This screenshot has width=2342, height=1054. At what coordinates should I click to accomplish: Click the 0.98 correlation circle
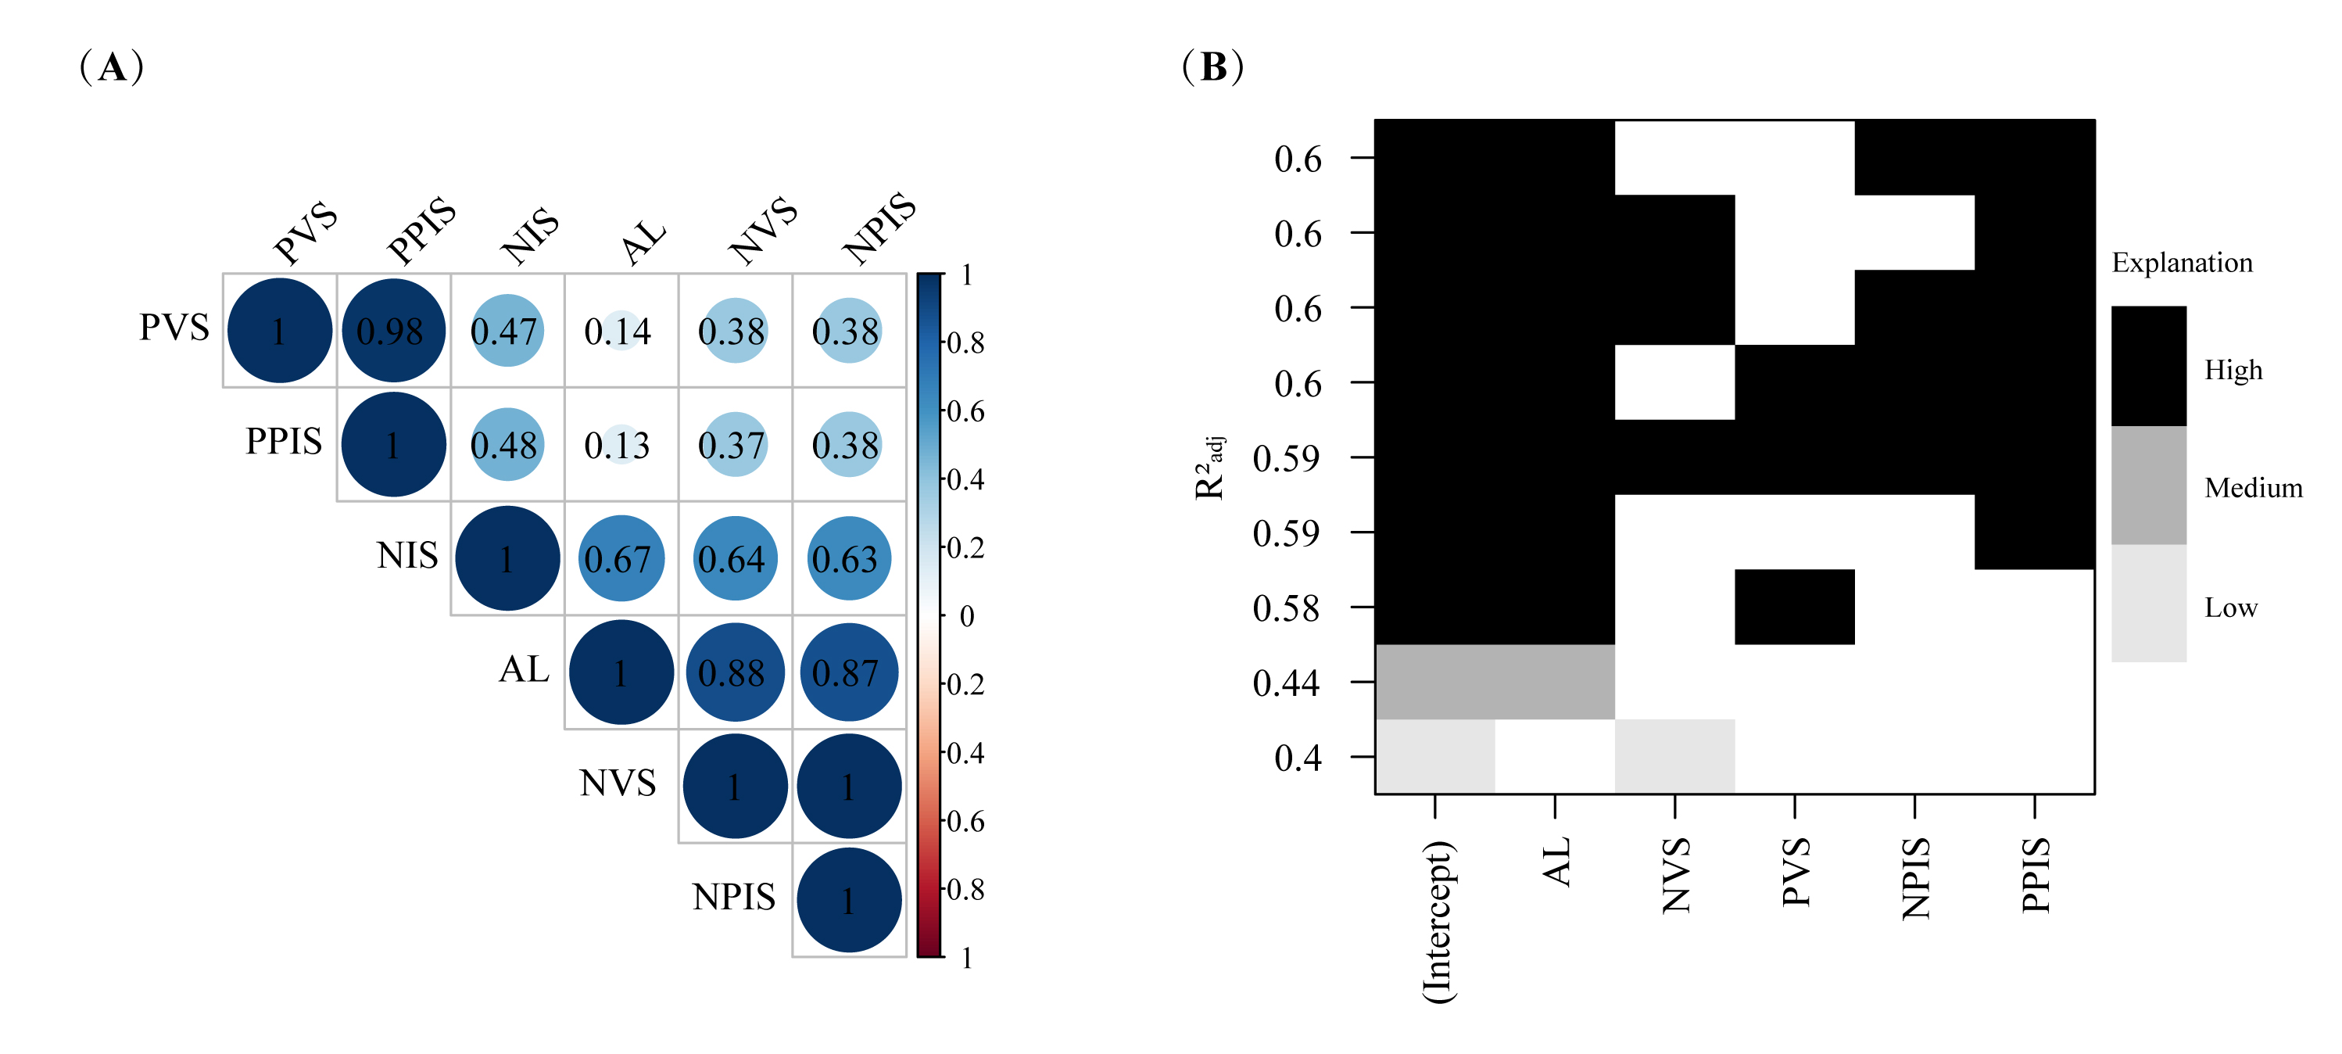click(392, 331)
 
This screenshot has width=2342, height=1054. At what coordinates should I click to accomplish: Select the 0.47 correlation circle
click(507, 331)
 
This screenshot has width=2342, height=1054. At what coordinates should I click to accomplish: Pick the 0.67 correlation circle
click(620, 558)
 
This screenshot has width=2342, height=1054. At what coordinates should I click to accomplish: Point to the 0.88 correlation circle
click(734, 672)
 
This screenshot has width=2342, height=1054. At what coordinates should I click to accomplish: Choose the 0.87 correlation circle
click(847, 672)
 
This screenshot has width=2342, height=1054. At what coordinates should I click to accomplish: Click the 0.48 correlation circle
click(507, 445)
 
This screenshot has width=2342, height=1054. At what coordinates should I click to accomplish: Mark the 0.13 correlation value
click(618, 446)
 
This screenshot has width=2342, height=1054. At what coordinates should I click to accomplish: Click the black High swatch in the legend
click(2147, 366)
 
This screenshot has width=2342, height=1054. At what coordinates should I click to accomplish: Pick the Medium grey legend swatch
click(2147, 486)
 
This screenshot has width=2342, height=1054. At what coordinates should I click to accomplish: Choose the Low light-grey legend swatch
click(2147, 603)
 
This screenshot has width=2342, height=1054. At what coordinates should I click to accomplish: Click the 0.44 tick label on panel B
click(1286, 683)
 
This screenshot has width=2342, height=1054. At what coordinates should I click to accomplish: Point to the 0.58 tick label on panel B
click(1286, 608)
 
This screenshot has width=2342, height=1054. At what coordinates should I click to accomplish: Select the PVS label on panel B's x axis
click(1796, 873)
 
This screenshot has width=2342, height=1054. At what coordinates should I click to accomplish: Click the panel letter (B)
click(1213, 67)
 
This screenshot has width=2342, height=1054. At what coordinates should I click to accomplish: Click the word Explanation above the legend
click(2181, 263)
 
